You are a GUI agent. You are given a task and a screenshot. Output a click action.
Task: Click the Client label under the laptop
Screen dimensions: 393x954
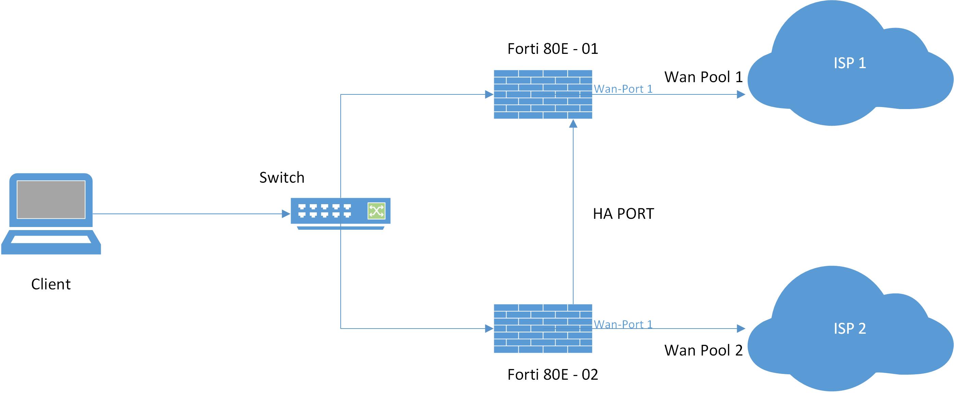click(51, 284)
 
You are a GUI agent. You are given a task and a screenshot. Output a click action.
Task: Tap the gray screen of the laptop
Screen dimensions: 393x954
click(51, 199)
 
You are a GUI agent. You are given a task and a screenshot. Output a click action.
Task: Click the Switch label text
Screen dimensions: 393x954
click(281, 178)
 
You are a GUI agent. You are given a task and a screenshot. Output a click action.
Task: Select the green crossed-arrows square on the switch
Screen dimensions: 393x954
click(376, 211)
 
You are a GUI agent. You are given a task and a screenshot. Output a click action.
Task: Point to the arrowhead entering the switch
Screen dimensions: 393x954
click(286, 214)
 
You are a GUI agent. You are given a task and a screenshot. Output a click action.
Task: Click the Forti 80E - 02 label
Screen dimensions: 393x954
click(552, 375)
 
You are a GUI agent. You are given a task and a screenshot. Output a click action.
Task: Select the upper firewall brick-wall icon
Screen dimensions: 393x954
click(543, 94)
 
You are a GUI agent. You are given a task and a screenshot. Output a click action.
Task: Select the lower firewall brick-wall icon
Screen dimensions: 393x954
click(543, 329)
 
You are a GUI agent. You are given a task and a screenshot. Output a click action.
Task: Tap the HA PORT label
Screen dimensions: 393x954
click(623, 214)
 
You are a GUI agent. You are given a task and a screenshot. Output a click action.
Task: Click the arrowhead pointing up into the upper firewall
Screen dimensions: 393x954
click(573, 124)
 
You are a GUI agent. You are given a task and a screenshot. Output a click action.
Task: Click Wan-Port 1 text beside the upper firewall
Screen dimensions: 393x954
click(623, 89)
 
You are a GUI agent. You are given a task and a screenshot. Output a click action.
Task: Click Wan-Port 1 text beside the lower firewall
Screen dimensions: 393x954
click(623, 324)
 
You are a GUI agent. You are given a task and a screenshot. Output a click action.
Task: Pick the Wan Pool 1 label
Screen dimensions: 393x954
click(703, 77)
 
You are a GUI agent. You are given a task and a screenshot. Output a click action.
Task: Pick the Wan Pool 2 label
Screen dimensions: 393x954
click(703, 350)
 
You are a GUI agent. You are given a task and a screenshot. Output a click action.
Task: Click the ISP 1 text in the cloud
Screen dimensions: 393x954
click(850, 63)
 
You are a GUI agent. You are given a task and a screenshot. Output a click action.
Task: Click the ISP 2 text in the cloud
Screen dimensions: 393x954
click(850, 329)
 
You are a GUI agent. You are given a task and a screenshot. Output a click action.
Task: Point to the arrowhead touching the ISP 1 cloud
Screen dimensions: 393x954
click(741, 94)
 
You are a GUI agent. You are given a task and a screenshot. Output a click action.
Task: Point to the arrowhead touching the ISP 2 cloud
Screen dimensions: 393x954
click(741, 329)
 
